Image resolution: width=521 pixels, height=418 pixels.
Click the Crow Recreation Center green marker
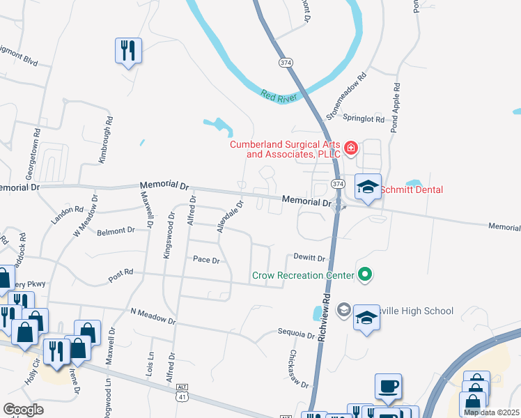point(364,276)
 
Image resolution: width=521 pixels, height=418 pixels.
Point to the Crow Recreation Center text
point(303,276)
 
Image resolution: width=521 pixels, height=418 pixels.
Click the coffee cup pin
point(389,385)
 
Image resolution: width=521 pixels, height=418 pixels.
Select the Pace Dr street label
point(206,261)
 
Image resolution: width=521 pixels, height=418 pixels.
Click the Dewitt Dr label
point(309,258)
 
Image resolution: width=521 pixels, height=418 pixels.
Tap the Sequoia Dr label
point(296,334)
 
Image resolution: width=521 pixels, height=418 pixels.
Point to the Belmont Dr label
point(115,231)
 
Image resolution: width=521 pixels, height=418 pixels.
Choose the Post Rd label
point(120,277)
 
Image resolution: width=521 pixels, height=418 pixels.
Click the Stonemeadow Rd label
point(347,96)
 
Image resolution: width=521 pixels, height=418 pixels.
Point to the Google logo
point(24,410)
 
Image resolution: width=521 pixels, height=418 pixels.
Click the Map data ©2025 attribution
point(492,412)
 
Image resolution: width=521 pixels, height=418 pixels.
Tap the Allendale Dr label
point(230,217)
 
